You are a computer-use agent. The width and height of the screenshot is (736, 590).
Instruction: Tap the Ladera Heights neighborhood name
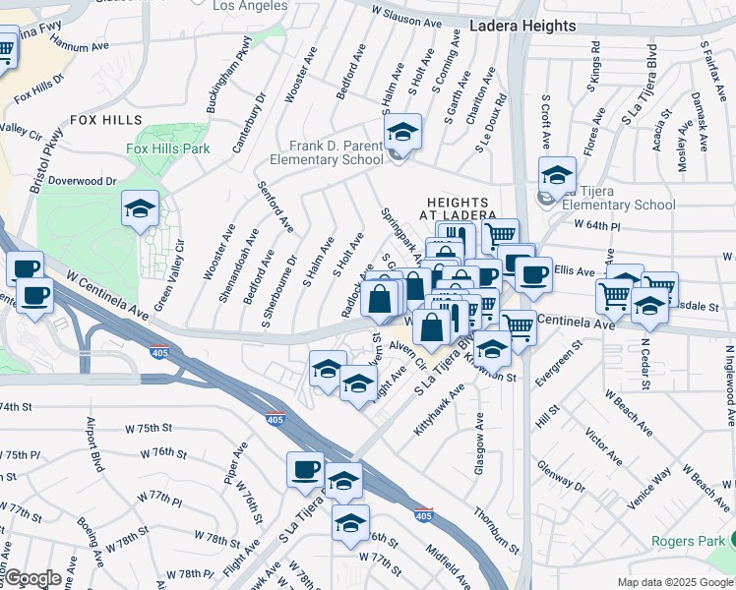[x=521, y=26]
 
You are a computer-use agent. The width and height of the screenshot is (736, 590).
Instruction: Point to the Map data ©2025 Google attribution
[x=674, y=582]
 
